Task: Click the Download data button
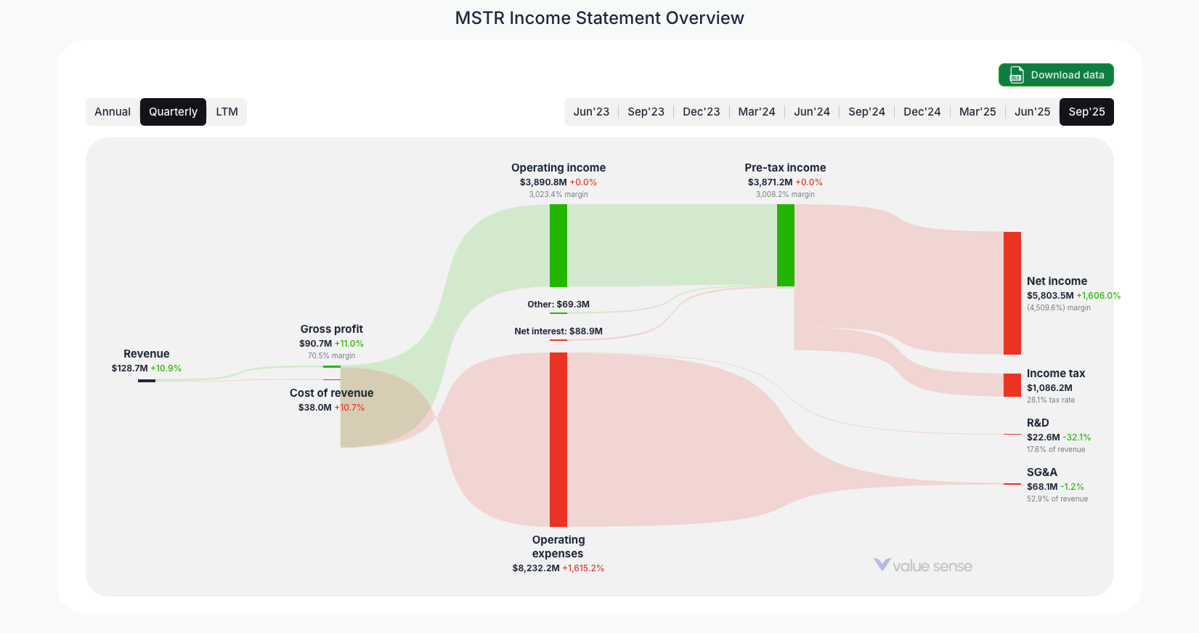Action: pyautogui.click(x=1056, y=75)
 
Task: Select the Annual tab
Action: pyautogui.click(x=113, y=112)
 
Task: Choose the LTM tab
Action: pyautogui.click(x=227, y=112)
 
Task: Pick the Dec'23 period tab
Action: pyautogui.click(x=701, y=112)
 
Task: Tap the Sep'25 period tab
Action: pyautogui.click(x=1086, y=112)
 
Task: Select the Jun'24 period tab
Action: pyautogui.click(x=811, y=112)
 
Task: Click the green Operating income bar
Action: pyautogui.click(x=558, y=246)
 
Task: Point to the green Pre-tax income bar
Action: pyautogui.click(x=785, y=246)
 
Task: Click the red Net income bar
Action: pyautogui.click(x=1012, y=293)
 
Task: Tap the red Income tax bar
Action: pyautogui.click(x=1012, y=385)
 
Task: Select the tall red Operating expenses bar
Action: pyautogui.click(x=558, y=440)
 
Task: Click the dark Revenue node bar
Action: pyautogui.click(x=147, y=380)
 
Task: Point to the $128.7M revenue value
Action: pyautogui.click(x=129, y=368)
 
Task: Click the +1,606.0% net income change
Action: pyautogui.click(x=1098, y=296)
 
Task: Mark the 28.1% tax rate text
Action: pyautogui.click(x=1050, y=400)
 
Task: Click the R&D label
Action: pyautogui.click(x=1038, y=423)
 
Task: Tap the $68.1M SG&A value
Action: pyautogui.click(x=1042, y=487)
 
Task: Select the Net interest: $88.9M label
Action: pyautogui.click(x=558, y=331)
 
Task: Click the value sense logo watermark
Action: pyautogui.click(x=922, y=565)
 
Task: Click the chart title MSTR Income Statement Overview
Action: pyautogui.click(x=599, y=18)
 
